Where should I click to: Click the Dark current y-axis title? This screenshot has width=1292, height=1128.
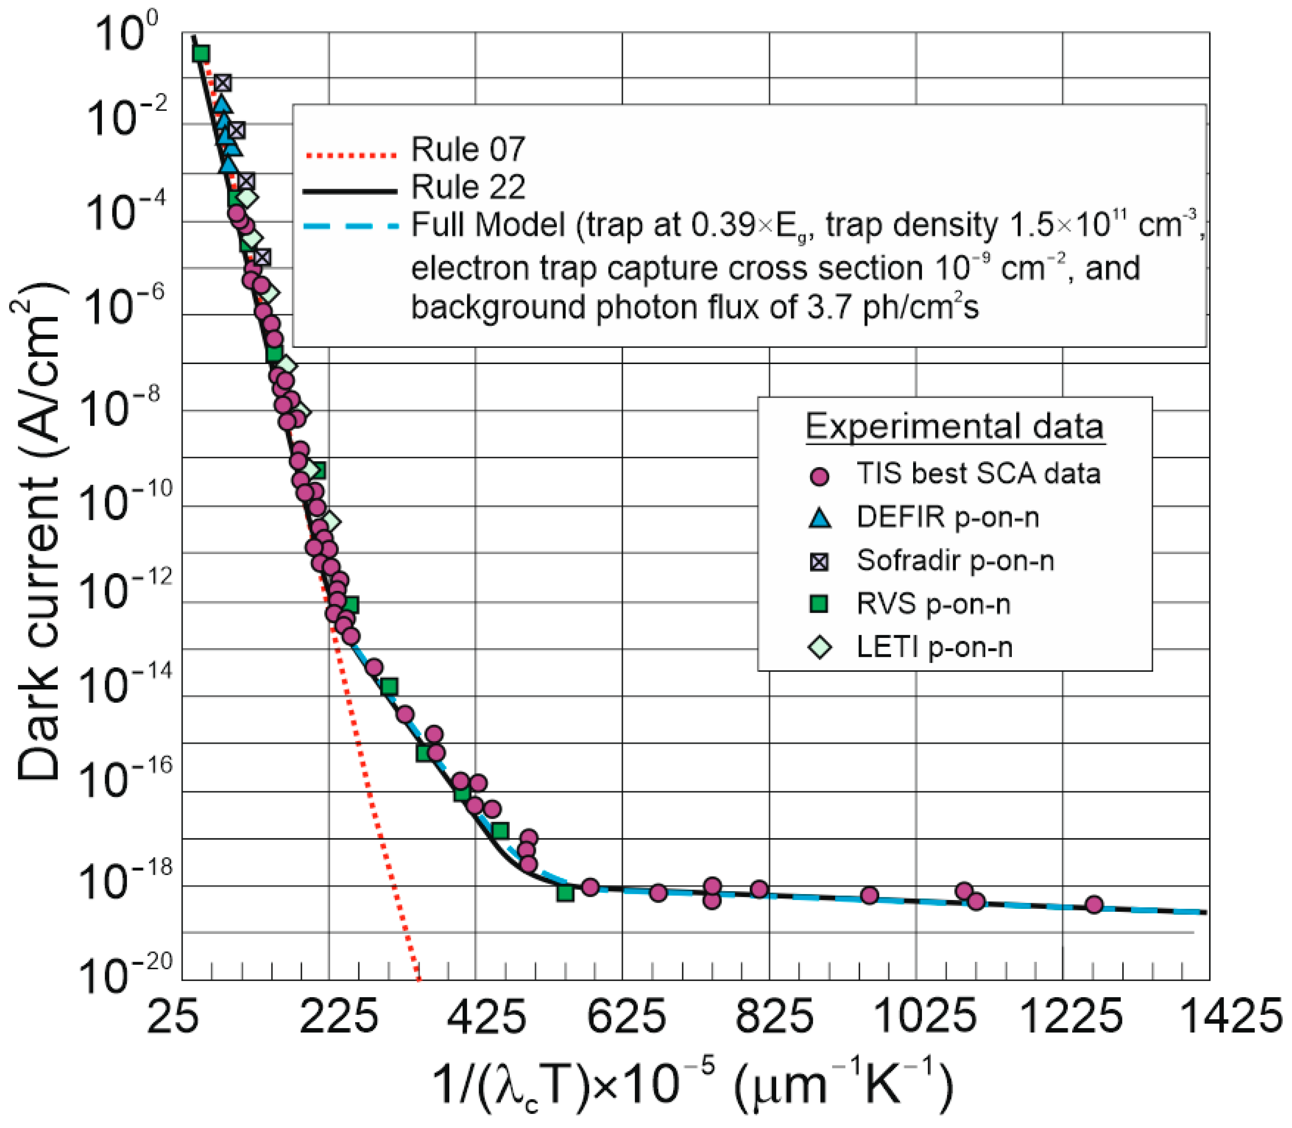39,538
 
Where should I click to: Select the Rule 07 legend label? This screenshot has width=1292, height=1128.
467,150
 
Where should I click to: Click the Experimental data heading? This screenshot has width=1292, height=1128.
954,427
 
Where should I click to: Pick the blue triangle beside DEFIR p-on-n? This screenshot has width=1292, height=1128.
819,518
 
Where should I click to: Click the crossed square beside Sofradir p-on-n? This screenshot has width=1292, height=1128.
819,561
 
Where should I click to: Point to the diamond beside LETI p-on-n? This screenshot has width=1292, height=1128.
819,647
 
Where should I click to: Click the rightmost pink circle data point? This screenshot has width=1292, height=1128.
1094,904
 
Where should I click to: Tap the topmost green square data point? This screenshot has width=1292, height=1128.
201,54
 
